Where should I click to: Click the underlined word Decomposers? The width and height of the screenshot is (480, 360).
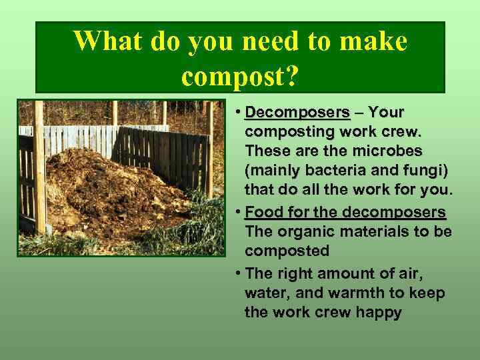pos(297,111)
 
